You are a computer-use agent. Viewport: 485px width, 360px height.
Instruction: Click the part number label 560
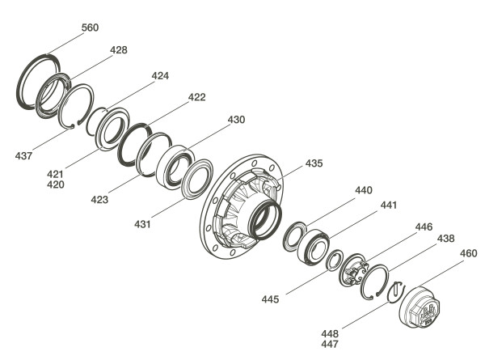coord(90,28)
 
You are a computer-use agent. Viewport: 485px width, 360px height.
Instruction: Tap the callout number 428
coord(119,50)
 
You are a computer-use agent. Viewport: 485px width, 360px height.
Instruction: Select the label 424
coord(160,76)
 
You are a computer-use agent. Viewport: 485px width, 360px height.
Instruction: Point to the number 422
coord(197,97)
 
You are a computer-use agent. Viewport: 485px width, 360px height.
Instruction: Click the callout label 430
coord(236,120)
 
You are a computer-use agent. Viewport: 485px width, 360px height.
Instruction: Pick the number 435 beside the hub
coord(314,163)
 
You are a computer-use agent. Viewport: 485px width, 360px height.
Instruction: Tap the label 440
coord(364,190)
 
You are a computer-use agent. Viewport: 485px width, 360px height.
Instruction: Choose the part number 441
coord(388,205)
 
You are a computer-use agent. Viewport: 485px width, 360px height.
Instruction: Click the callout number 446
coord(424,227)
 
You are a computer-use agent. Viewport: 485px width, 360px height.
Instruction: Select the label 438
coord(445,239)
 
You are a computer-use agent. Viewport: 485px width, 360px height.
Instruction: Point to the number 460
coord(469,253)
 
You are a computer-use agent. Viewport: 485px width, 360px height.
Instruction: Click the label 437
coord(23,155)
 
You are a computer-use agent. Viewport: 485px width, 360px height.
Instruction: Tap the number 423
coord(99,200)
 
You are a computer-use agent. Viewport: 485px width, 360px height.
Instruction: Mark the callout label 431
coord(142,224)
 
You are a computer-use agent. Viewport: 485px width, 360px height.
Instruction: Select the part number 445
coord(270,299)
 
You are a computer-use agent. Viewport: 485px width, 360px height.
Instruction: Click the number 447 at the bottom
coord(330,344)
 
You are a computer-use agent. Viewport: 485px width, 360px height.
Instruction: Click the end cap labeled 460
coord(420,307)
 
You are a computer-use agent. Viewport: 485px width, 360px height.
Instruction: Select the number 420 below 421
coord(56,184)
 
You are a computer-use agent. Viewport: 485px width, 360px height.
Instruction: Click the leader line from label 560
coord(65,44)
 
